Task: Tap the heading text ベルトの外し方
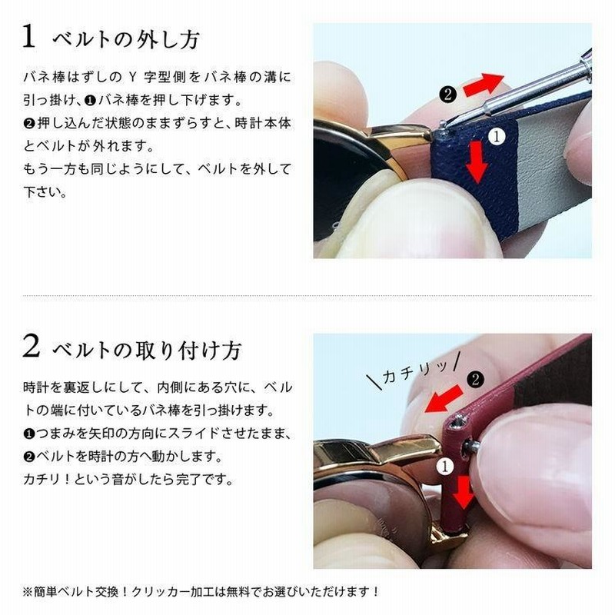126,39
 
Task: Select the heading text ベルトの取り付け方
146,350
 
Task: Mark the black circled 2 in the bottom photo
476,378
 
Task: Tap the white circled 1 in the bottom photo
444,464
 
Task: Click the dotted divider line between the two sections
307,295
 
